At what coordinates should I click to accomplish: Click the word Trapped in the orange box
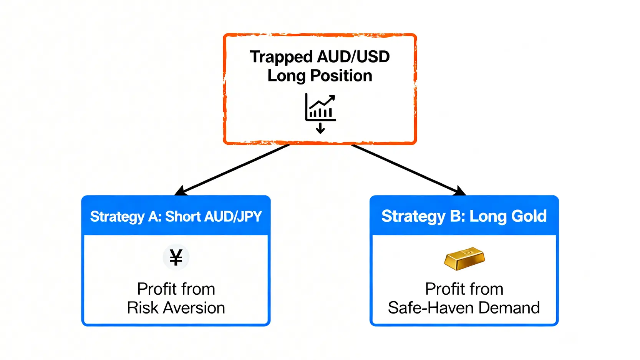click(281, 57)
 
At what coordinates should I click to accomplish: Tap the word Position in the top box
click(341, 76)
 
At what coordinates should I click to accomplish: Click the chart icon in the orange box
click(320, 107)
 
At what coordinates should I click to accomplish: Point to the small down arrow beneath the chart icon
click(320, 128)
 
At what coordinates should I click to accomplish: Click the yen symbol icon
click(176, 257)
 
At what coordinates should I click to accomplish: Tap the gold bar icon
click(464, 258)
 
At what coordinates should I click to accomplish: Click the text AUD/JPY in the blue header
click(233, 217)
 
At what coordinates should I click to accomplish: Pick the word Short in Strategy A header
click(183, 217)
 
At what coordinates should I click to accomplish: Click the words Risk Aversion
click(176, 308)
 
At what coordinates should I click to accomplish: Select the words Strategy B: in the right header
click(423, 216)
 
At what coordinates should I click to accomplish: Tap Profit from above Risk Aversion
click(176, 289)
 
